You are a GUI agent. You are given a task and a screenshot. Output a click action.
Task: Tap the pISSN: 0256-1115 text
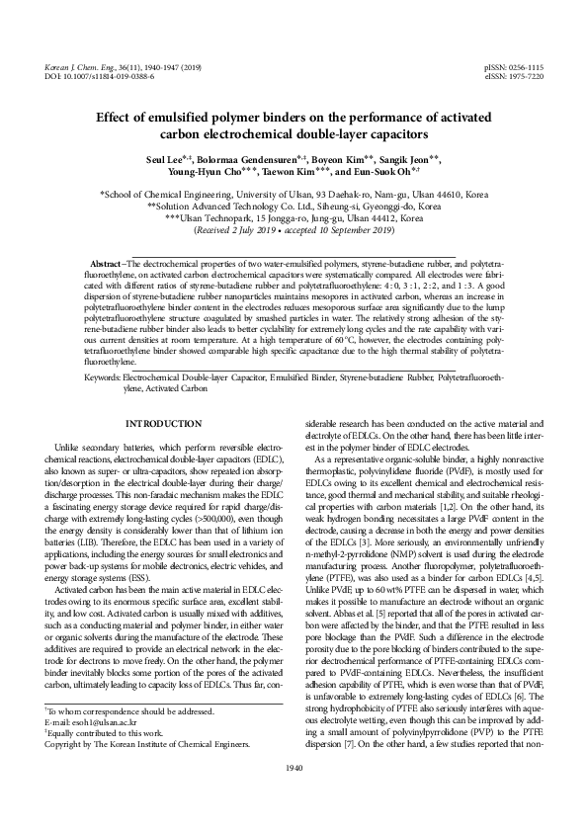click(514, 65)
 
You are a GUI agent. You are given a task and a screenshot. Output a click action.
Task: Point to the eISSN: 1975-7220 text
click(514, 75)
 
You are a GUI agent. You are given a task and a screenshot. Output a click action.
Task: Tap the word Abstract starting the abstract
click(105, 267)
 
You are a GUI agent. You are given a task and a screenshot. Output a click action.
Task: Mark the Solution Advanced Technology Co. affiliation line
click(294, 208)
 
